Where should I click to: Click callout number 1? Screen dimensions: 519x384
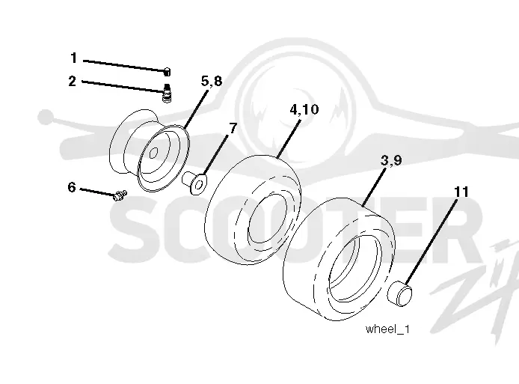pos(74,58)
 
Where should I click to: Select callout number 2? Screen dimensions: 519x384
pos(72,81)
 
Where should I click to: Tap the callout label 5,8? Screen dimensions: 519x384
pos(212,81)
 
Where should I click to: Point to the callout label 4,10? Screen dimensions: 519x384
pos(304,109)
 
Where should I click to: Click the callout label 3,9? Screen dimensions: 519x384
pos(391,160)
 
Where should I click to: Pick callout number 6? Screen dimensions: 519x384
pos(72,187)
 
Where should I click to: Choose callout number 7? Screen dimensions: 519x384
pos(233,128)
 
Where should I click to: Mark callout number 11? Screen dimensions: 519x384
pos(461,192)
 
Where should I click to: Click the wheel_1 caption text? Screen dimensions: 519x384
pos(387,329)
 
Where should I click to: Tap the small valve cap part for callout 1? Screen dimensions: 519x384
pos(168,72)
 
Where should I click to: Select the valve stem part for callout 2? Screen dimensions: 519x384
pos(168,93)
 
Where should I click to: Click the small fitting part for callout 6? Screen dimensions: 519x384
pos(120,195)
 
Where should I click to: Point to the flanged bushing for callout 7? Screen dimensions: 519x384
pos(195,182)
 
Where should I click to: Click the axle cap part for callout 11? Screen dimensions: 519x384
pos(400,293)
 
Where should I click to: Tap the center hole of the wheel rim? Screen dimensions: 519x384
pos(153,153)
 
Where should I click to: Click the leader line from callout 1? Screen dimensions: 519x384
pos(124,65)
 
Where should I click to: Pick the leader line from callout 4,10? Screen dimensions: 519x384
pos(289,138)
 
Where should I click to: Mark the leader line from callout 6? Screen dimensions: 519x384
pos(98,192)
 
